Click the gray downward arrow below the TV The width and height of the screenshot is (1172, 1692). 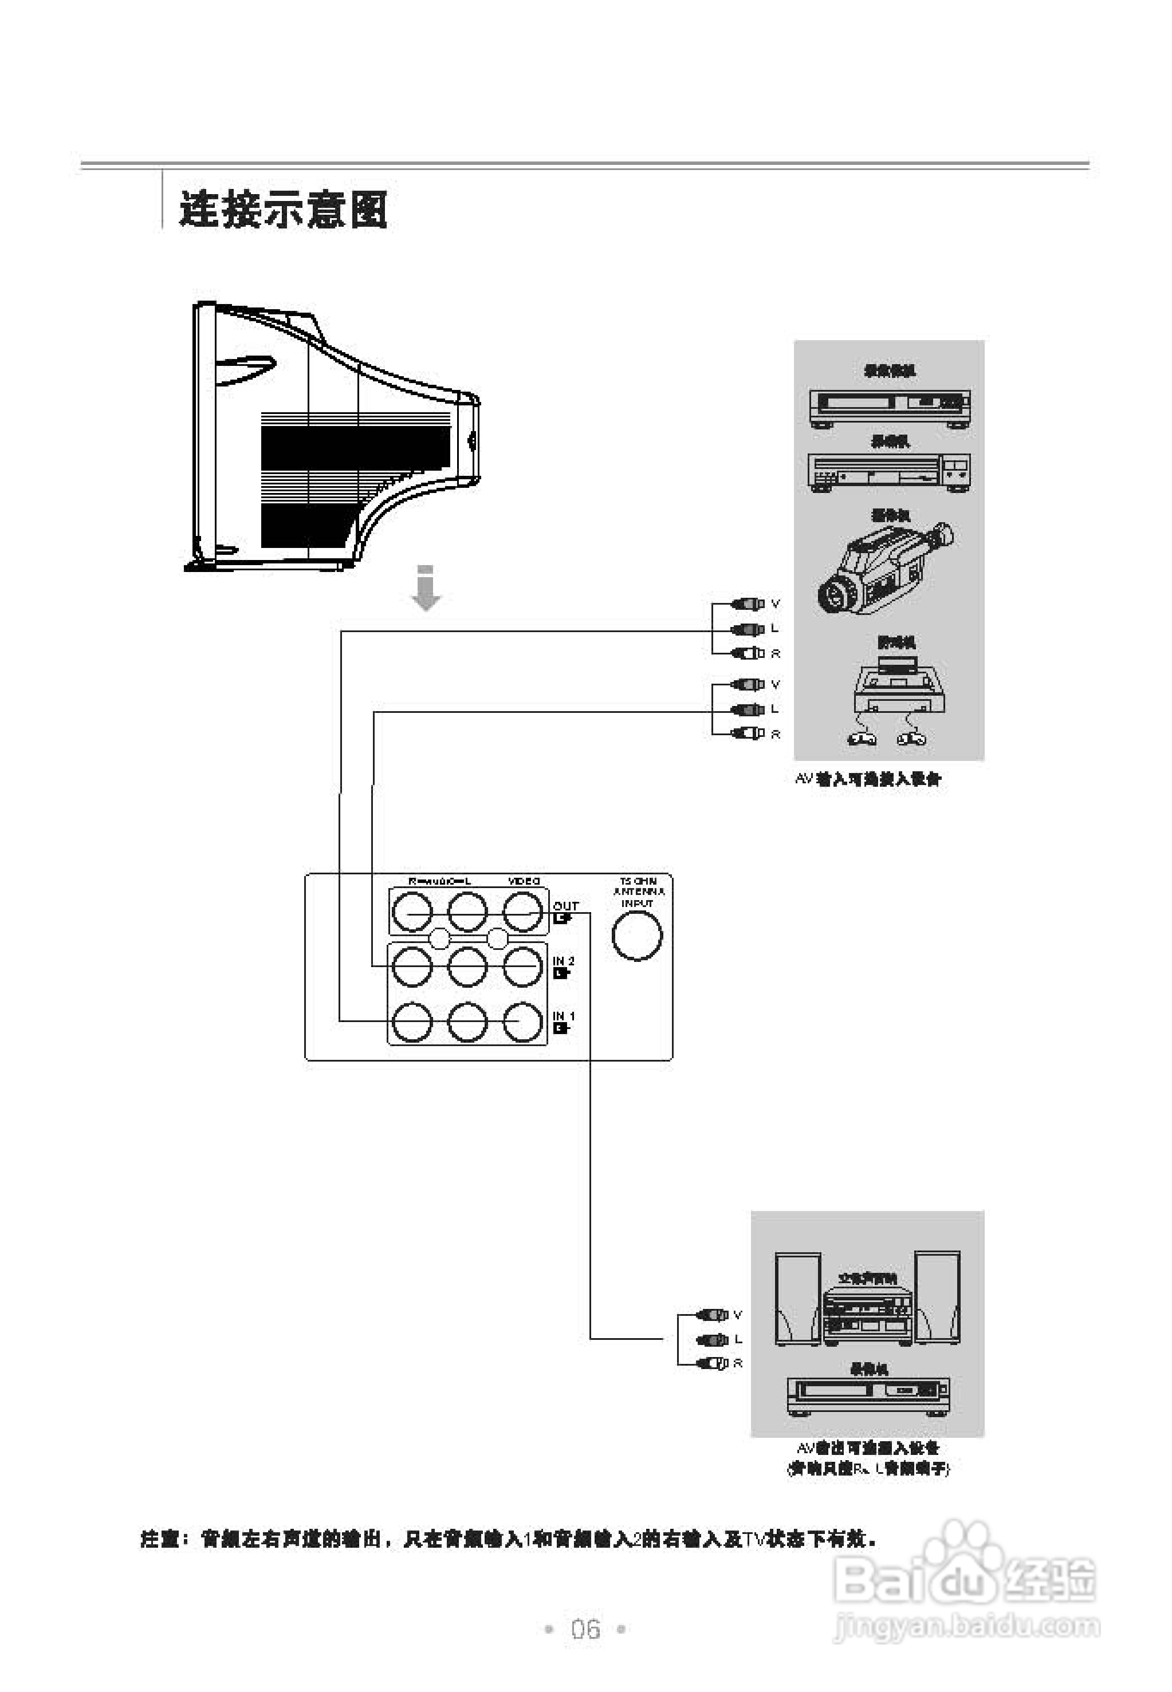click(426, 589)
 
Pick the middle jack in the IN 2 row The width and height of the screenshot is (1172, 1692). click(467, 966)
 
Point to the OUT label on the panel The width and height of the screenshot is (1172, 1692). click(565, 906)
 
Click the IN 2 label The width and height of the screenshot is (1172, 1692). click(563, 961)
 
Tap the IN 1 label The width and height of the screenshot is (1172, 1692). click(563, 1016)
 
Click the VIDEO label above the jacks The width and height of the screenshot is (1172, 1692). click(524, 881)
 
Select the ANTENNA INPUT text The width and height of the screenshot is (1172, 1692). click(638, 892)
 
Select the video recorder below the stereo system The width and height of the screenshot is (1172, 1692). click(867, 1395)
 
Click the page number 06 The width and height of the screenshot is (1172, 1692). click(585, 1629)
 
